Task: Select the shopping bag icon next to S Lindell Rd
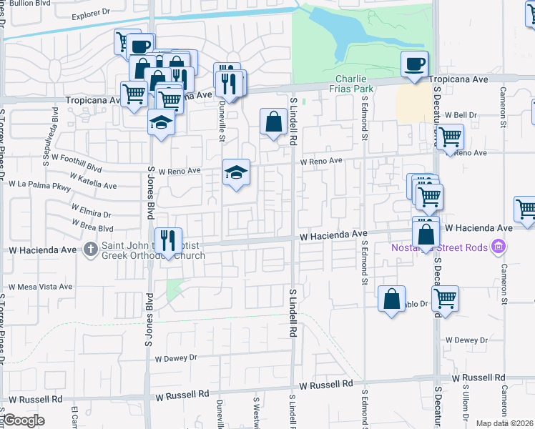(x=273, y=122)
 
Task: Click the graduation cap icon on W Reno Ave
(x=236, y=172)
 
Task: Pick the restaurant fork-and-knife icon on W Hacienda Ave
(x=168, y=241)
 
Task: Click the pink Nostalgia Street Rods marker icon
(x=499, y=248)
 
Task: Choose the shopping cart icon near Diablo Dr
(x=445, y=299)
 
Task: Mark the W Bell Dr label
(x=461, y=114)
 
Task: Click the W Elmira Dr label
(x=91, y=214)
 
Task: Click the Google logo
(x=24, y=420)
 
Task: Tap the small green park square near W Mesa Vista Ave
(x=174, y=289)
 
